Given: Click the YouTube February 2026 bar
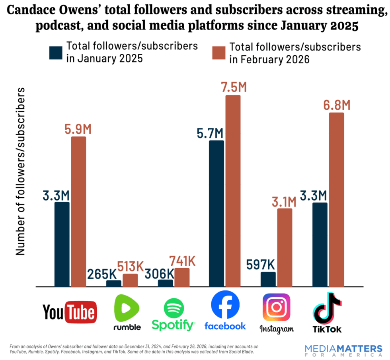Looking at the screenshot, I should [78, 211].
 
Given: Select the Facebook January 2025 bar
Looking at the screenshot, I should [216, 213].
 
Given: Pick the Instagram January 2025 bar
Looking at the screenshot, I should [268, 279].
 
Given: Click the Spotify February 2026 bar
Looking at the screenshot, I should [182, 277].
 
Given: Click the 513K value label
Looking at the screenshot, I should [130, 266].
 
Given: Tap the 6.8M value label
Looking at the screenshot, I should [336, 105].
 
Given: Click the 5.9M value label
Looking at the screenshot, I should [78, 129].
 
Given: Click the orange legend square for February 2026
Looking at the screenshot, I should [219, 53].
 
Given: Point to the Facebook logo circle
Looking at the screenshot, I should [225, 306].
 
